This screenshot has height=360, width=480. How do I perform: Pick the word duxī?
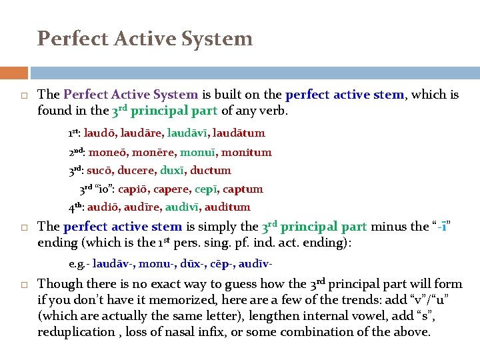point(178,171)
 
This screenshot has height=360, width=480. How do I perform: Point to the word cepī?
point(209,189)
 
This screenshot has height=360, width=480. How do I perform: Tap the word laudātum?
point(239,133)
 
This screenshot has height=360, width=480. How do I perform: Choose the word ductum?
point(211,171)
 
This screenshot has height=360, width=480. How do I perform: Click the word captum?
point(244,189)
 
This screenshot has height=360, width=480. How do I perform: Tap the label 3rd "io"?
point(97,189)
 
